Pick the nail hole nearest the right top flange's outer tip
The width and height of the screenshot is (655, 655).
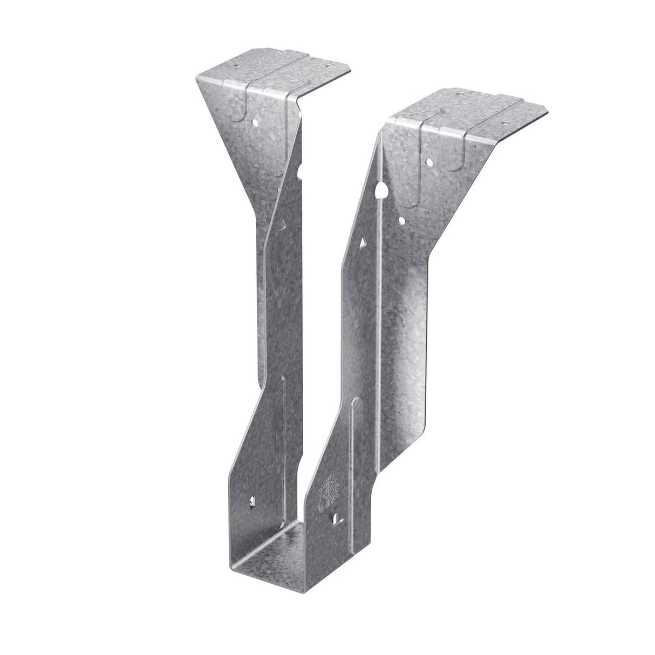pyautogui.click(x=504, y=122)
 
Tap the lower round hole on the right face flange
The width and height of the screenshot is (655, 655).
pyautogui.click(x=402, y=220)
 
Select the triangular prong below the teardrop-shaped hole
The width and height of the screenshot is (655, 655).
pyautogui.click(x=364, y=244)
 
